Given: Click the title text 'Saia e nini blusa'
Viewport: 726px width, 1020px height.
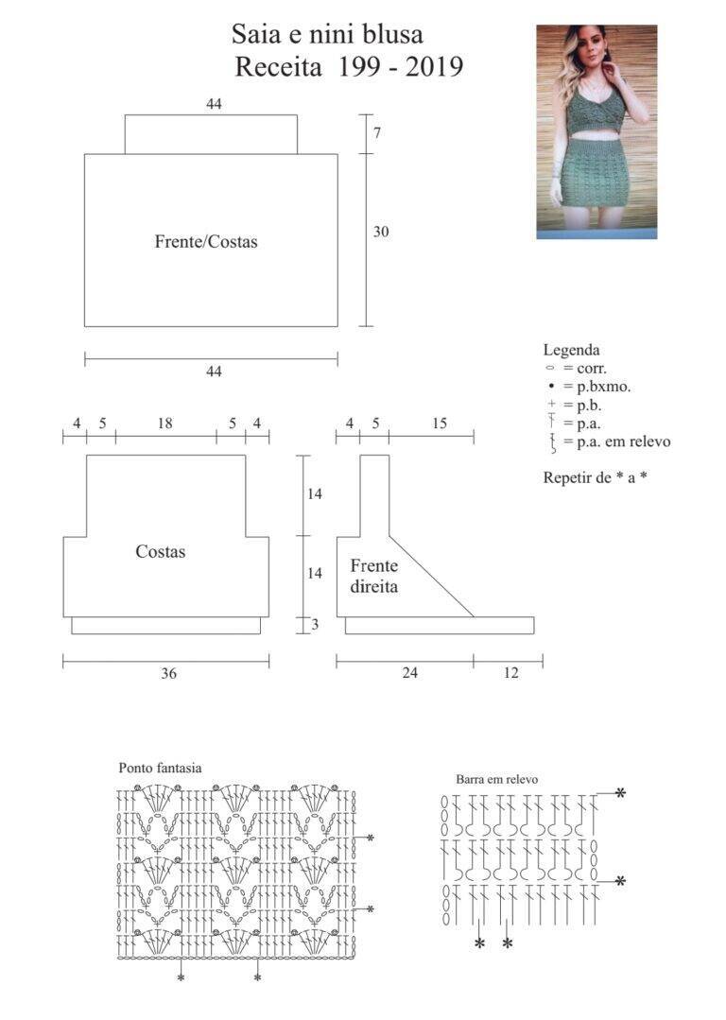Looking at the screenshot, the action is pos(327,34).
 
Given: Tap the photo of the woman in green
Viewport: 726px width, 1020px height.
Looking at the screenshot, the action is pos(596,132).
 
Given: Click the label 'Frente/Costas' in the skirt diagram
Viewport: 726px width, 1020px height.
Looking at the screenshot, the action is pos(206,242).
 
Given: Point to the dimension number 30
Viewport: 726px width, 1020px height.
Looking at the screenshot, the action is pos(381,232).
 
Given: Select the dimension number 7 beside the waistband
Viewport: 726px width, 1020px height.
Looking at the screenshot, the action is pos(377,132).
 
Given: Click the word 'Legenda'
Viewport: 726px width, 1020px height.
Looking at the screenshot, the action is pos(571,350).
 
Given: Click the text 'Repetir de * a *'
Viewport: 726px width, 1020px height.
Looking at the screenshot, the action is pos(596,477).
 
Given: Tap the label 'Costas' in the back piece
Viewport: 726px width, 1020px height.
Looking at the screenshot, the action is pos(161,552).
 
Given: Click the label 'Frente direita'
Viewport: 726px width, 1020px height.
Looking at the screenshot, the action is pos(374,576).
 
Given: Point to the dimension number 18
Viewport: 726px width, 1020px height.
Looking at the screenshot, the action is pos(165,424).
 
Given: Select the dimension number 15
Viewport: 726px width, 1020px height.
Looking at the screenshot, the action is pos(440,424).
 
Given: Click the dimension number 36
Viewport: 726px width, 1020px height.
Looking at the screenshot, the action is pos(168,673).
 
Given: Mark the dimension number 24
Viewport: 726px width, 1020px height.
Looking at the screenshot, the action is pos(410,673).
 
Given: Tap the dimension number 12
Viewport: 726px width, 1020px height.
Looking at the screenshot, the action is pos(511,673).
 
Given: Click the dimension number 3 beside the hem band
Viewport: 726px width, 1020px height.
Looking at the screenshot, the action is pos(315,625).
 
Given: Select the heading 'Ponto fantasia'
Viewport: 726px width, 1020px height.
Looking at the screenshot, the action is pos(160,768).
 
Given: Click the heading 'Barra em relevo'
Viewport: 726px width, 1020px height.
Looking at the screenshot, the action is pos(497,779).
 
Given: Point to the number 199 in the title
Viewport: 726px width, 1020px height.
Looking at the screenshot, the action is pos(357,66).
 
